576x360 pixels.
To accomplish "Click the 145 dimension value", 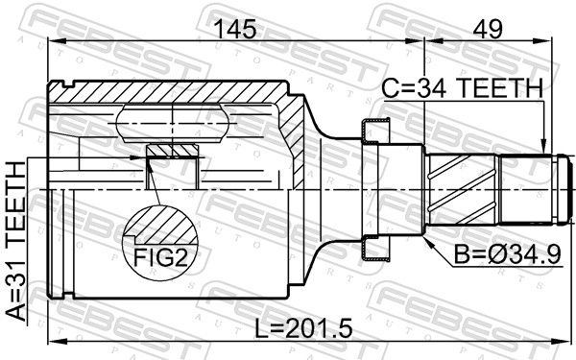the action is click(x=235, y=29).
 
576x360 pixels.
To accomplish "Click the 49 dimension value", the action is click(x=488, y=29).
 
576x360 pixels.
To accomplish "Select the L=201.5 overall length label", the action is click(x=303, y=328).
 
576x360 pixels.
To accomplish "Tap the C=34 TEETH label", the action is click(x=463, y=88).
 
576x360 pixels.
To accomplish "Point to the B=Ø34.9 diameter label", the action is click(x=507, y=254).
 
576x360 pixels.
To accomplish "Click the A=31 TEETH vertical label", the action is click(x=16, y=242).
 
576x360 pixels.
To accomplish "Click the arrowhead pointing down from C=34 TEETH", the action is click(x=544, y=146).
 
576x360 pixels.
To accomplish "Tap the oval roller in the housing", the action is click(x=172, y=124).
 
